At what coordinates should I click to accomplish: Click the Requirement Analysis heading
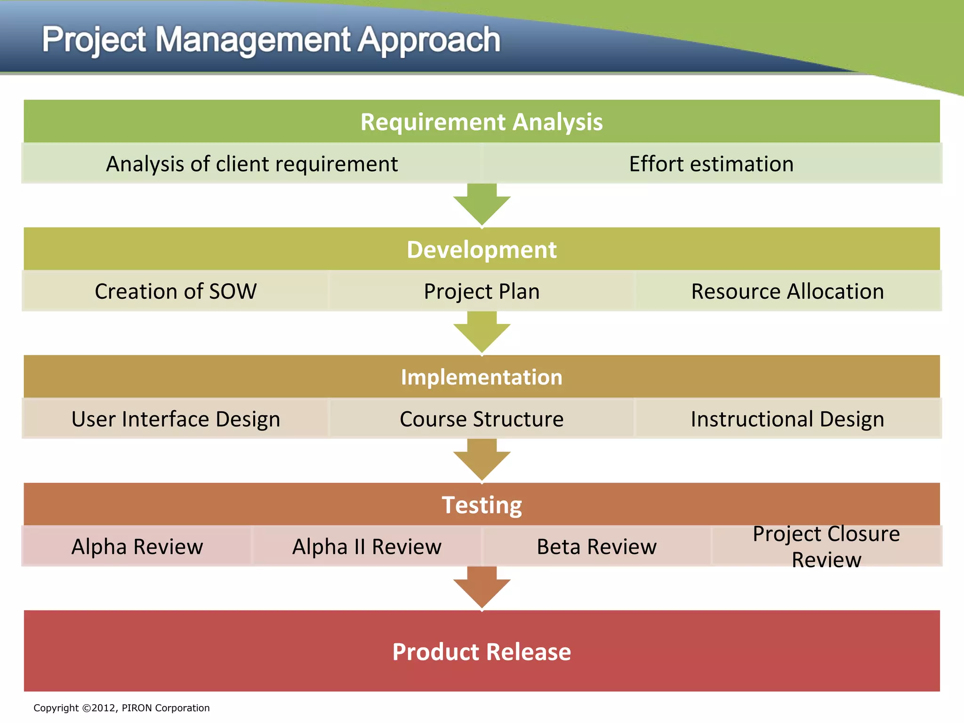point(482,122)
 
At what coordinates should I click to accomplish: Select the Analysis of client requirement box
point(252,164)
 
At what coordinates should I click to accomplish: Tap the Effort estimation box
point(711,164)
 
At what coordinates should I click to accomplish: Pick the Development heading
point(482,249)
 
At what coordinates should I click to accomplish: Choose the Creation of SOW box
point(176,291)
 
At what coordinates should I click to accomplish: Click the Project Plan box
point(482,291)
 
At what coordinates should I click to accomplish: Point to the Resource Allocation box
point(787,291)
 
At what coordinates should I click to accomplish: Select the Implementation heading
point(482,377)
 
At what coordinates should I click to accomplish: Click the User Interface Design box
point(176,419)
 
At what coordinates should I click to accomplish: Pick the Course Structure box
point(482,419)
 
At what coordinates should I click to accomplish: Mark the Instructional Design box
point(787,419)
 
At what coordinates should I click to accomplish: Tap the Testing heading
point(482,505)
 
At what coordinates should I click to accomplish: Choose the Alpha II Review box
point(367,546)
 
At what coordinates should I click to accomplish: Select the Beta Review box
point(596,546)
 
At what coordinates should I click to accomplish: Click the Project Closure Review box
point(826,546)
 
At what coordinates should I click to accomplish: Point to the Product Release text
point(482,652)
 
